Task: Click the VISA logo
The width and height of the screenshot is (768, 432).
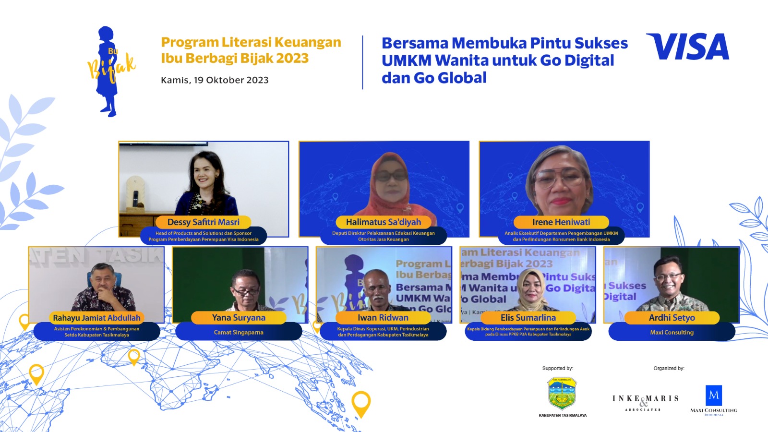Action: [x=687, y=47]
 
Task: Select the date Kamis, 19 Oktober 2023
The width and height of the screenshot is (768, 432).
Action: [x=215, y=80]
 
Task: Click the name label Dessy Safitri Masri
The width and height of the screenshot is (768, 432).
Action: [x=203, y=222]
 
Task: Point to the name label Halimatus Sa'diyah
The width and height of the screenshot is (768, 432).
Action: [x=383, y=222]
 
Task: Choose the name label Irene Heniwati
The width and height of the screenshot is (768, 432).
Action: [x=561, y=222]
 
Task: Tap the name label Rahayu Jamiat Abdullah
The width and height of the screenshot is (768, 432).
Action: [x=96, y=318]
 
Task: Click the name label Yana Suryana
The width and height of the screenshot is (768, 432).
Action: [x=239, y=318]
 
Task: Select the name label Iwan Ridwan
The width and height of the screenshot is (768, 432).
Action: [x=383, y=318]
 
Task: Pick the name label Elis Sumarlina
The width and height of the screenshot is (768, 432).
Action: [x=528, y=318]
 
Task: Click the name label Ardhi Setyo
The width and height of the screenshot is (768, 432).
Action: [x=672, y=318]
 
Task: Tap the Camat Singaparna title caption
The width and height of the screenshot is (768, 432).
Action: [x=239, y=332]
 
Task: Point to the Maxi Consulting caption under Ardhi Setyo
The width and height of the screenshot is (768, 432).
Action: [x=672, y=332]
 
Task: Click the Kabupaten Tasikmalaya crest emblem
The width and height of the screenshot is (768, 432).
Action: [x=562, y=393]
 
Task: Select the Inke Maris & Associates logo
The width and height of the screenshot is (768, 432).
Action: [x=645, y=402]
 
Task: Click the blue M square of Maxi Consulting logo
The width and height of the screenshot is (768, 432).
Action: [x=714, y=395]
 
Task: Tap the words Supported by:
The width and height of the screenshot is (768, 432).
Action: [x=557, y=369]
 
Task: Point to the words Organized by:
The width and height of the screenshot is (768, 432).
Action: [x=669, y=369]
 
